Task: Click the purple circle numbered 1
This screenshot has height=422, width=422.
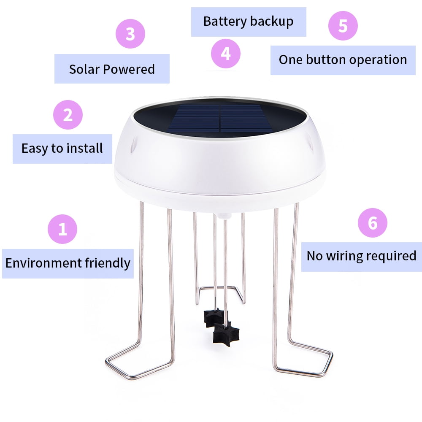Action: click(62, 230)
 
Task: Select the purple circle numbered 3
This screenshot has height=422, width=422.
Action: click(130, 34)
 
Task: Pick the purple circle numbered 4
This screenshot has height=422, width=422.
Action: click(226, 54)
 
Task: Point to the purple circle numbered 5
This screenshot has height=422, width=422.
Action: click(343, 26)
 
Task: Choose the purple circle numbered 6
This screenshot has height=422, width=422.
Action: click(373, 222)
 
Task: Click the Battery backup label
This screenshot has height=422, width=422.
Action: click(248, 22)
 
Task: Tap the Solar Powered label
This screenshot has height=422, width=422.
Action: click(112, 69)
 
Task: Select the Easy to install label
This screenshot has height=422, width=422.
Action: click(62, 149)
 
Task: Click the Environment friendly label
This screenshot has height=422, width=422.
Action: click(68, 263)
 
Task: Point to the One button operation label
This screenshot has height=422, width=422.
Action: click(343, 60)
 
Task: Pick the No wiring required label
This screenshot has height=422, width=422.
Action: click(361, 256)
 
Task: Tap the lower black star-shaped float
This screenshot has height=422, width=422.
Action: click(226, 334)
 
